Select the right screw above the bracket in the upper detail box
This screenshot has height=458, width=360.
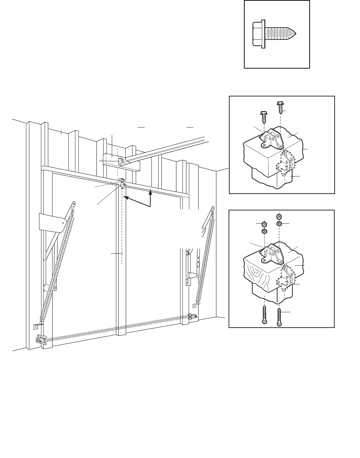280,106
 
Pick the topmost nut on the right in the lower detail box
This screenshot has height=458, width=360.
279,216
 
